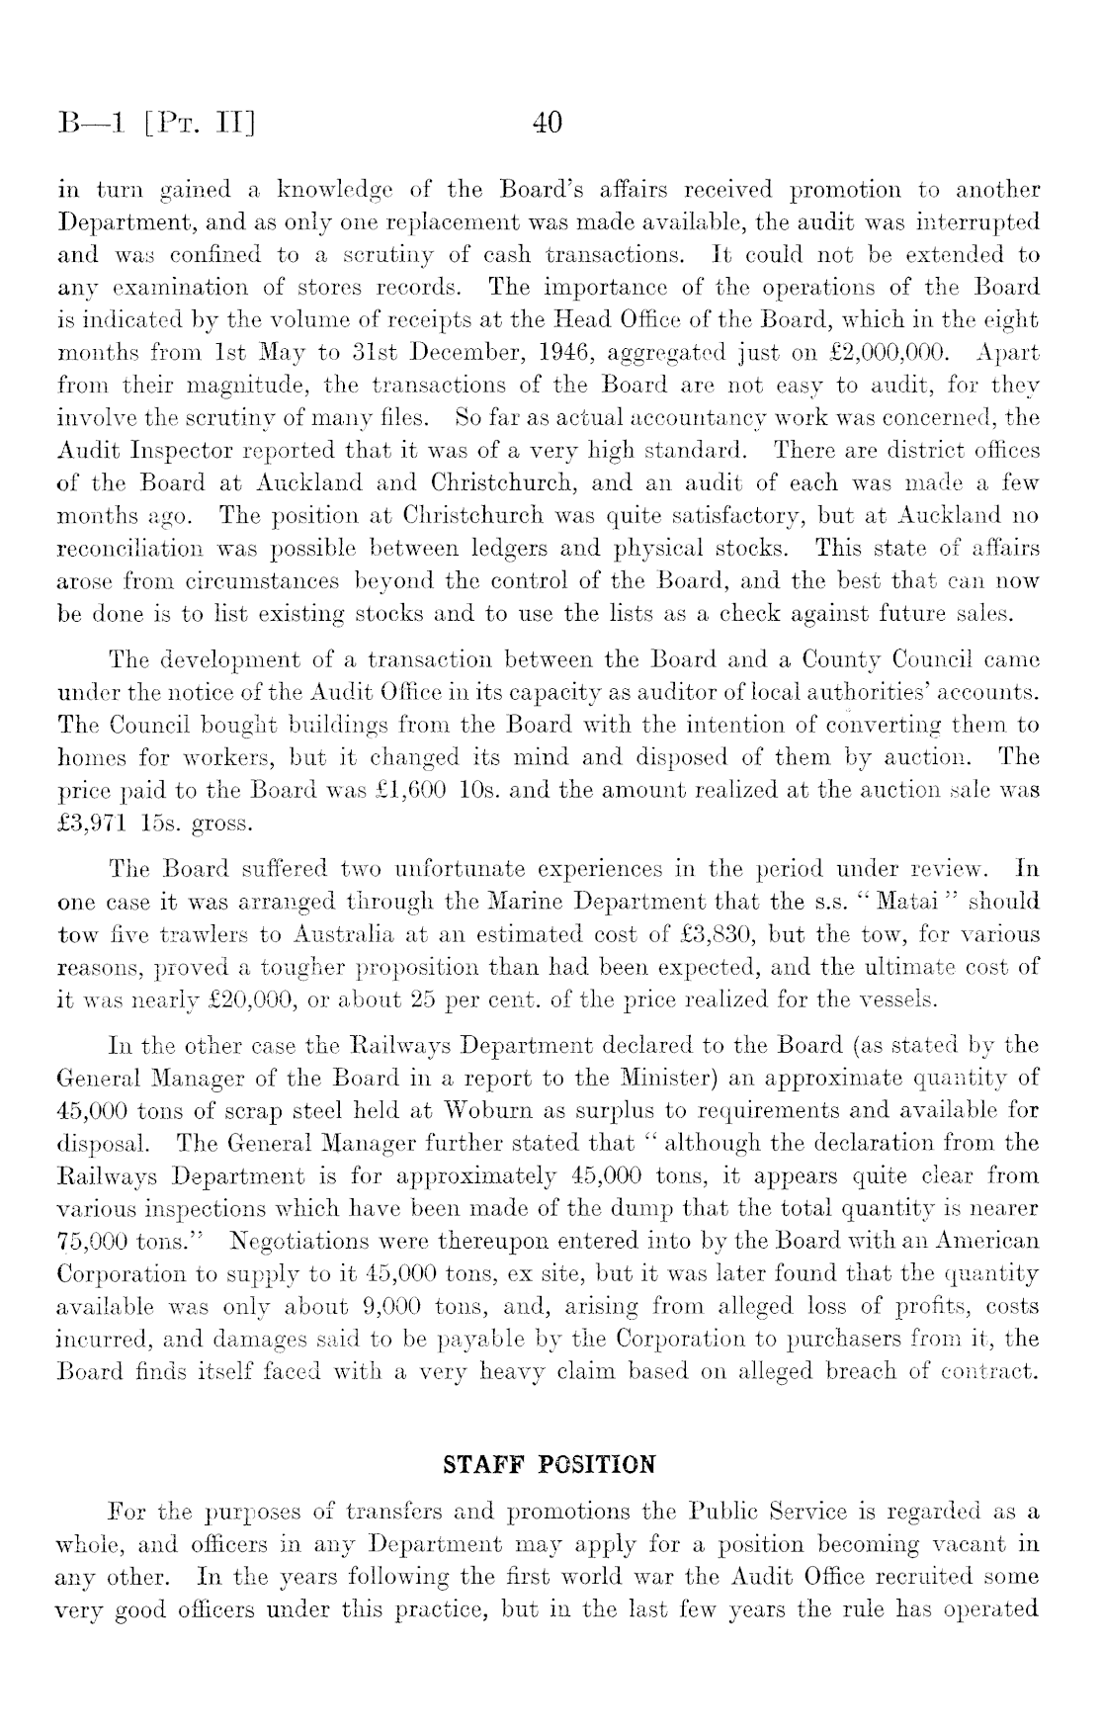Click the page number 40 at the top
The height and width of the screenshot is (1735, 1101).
coord(547,123)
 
